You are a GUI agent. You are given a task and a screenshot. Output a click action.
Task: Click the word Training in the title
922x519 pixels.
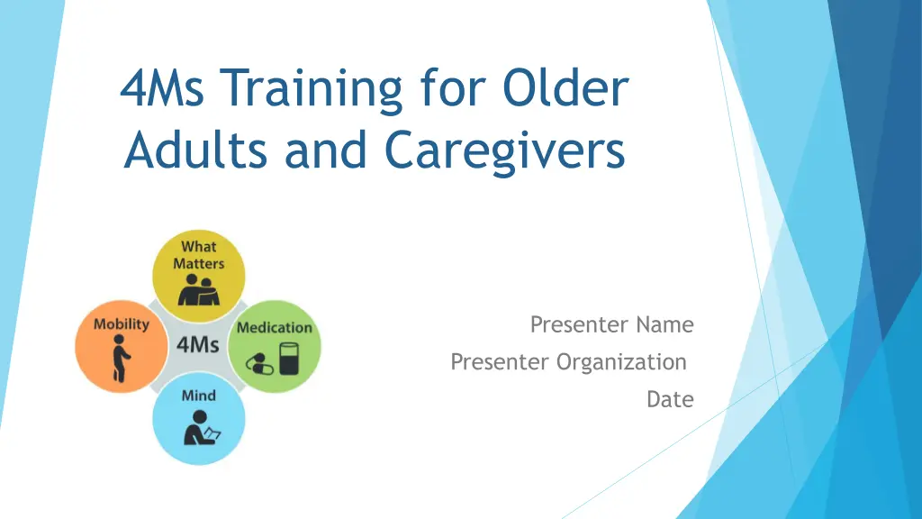312,89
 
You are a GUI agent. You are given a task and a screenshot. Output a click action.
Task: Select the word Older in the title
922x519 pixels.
565,87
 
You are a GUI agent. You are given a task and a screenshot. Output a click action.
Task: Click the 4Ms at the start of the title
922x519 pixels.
162,87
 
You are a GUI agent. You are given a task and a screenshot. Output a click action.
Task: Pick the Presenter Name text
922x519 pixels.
612,324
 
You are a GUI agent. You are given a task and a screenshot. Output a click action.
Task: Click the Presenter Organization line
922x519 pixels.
569,362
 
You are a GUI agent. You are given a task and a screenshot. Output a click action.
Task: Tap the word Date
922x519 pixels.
670,399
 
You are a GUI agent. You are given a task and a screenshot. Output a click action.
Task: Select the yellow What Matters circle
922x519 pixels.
199,276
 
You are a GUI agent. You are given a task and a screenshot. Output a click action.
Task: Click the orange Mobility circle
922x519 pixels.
122,347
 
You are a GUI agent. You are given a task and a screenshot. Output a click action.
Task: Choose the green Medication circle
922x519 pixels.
275,347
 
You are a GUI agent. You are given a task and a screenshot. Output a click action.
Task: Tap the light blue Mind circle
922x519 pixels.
199,418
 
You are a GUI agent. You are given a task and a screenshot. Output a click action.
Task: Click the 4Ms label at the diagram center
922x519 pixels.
197,345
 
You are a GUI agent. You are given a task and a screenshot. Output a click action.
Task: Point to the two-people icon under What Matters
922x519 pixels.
199,290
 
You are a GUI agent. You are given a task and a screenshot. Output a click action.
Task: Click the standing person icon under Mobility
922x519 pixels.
121,359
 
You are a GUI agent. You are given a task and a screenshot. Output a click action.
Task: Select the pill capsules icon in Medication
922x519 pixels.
259,364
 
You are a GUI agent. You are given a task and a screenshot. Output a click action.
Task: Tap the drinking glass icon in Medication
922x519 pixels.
289,359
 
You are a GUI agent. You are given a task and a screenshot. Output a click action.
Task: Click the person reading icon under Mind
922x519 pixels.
201,428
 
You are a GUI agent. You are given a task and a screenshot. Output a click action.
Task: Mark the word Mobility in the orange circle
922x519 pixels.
122,324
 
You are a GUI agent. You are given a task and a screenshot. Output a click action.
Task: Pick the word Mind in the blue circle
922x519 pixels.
199,396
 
